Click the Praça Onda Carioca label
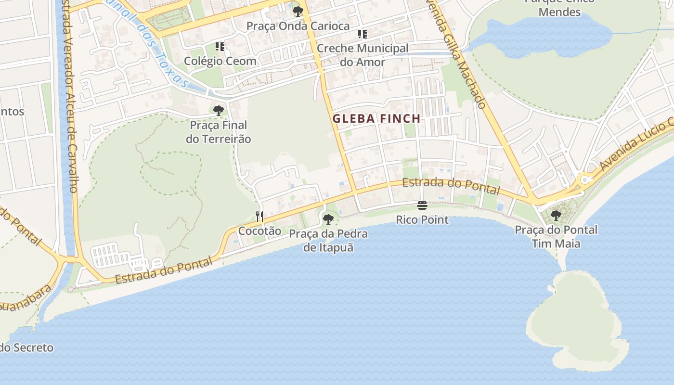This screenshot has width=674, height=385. (298, 26)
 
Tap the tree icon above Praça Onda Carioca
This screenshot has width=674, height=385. (298, 11)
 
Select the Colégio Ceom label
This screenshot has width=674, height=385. (220, 61)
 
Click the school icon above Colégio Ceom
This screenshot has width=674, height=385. (220, 47)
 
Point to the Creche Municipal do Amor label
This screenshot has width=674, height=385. (363, 55)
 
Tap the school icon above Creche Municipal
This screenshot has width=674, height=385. (362, 34)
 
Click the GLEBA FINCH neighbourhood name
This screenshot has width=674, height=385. (376, 118)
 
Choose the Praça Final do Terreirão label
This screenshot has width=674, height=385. (219, 132)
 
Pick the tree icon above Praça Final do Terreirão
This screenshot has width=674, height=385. (219, 111)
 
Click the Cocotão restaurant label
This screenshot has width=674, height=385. (259, 231)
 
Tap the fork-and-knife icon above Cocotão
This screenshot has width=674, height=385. (259, 216)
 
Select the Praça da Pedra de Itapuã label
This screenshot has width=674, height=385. (328, 241)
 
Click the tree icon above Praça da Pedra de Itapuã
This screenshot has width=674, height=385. (328, 219)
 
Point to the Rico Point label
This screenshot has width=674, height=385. (422, 220)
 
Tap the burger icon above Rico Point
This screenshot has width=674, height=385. (422, 206)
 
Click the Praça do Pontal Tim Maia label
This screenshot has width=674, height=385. (556, 236)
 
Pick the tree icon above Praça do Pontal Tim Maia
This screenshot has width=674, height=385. (556, 215)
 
